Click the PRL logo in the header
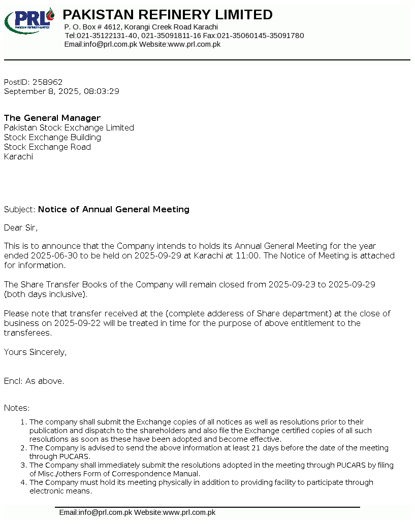point(29,21)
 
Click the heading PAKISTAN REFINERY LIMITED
point(168,15)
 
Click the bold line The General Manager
point(52,118)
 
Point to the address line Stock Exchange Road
point(47,147)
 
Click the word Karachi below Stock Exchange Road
point(18,157)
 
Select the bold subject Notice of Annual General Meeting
point(114,209)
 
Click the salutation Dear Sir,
point(21,227)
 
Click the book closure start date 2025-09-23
point(292,284)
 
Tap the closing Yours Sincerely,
point(35,352)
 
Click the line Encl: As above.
point(34,381)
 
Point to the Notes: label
point(17,408)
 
